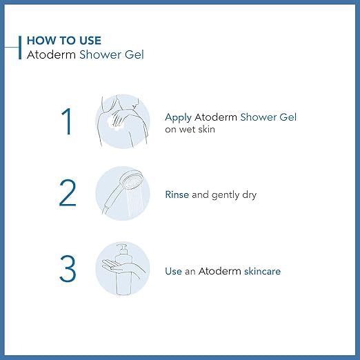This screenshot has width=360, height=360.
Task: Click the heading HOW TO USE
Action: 63,41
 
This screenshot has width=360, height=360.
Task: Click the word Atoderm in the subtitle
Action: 48,55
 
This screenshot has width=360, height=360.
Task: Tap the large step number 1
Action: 67,122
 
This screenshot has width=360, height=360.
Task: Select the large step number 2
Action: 68,194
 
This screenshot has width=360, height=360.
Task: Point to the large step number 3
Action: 68,269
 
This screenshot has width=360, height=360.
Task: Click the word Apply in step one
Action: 177,117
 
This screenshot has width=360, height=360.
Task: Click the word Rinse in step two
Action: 177,195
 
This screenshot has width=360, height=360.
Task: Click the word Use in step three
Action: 173,271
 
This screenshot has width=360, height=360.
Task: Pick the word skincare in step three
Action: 262,271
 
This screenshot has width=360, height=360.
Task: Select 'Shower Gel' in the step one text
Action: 268,117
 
